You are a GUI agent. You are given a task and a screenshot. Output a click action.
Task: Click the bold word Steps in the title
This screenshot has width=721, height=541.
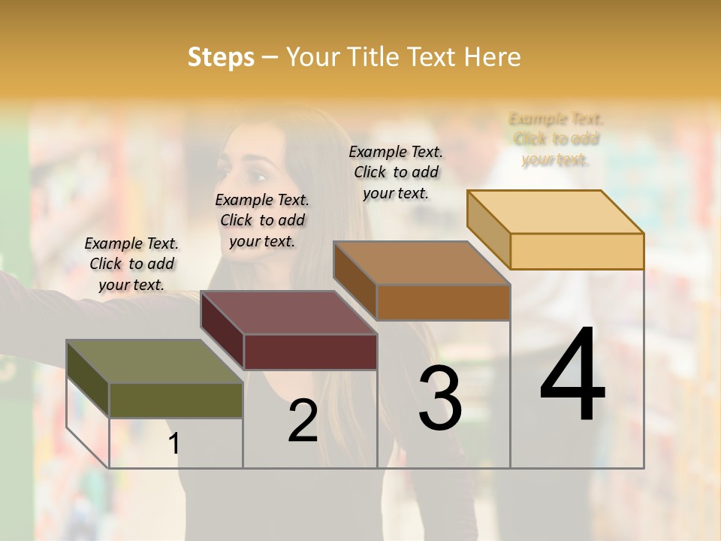[x=221, y=57]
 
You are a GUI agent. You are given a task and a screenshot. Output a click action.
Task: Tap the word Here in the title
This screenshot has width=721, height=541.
[x=492, y=57]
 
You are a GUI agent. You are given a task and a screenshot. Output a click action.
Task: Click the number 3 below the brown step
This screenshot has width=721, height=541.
[x=439, y=397]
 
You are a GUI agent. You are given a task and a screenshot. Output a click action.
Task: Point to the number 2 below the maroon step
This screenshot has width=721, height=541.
[x=303, y=421]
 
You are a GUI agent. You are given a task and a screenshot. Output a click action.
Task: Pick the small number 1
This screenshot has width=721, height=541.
[x=174, y=443]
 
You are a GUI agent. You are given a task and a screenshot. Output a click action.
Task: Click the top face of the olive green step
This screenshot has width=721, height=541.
[x=154, y=361]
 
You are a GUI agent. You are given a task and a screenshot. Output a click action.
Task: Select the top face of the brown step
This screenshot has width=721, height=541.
[x=421, y=263]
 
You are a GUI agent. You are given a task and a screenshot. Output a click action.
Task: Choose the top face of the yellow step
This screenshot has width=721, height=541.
[x=555, y=212]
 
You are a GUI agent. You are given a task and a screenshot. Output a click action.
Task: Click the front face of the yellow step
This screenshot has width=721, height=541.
[x=577, y=251]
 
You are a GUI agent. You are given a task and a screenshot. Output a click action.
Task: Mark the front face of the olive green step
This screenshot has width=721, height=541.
[x=176, y=400]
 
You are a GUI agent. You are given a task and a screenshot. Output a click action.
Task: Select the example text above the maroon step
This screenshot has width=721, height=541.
[x=262, y=220]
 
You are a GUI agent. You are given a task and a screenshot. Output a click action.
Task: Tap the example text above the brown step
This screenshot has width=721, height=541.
[x=396, y=172]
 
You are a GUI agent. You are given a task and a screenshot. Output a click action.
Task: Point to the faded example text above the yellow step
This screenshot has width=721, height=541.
[x=556, y=139]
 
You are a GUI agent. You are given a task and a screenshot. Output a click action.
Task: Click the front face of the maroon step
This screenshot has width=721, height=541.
[x=309, y=352]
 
